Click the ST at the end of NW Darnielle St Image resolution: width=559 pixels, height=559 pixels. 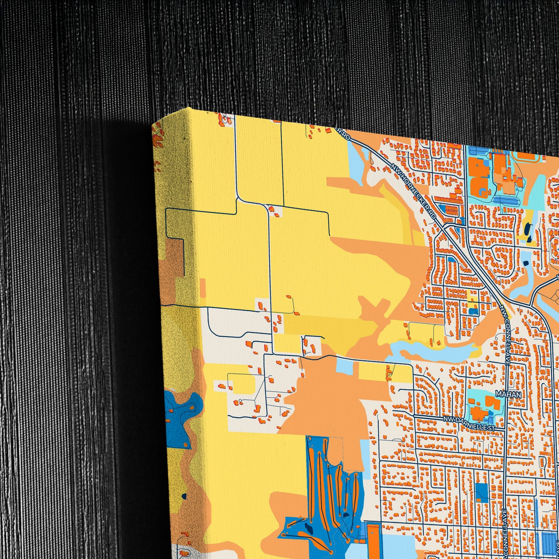(x=491, y=428)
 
